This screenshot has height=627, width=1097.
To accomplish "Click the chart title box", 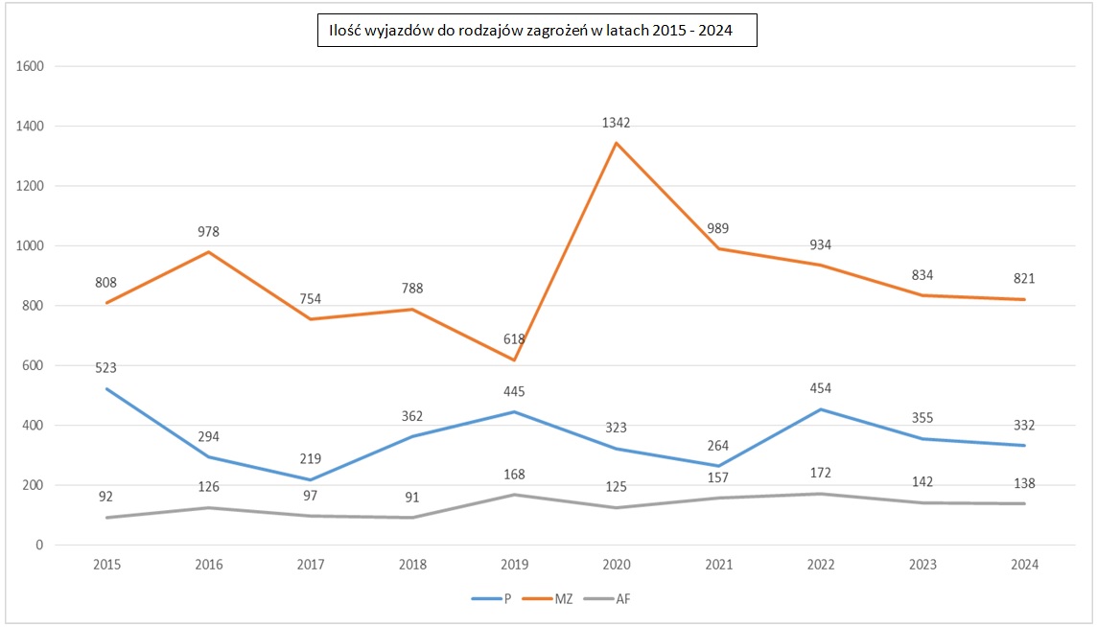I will [537, 32].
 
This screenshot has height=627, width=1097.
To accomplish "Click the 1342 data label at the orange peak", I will [617, 123].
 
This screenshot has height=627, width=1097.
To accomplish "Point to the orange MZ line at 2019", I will [515, 360].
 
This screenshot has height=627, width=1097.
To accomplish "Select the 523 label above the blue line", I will [105, 367].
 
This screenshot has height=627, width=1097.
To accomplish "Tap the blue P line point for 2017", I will [311, 479].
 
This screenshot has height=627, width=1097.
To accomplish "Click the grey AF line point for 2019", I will [515, 495].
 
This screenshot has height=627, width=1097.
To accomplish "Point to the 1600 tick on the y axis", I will [34, 66].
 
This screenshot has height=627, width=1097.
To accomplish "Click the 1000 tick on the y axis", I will [34, 245].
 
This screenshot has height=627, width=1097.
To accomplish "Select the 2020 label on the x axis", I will [617, 565].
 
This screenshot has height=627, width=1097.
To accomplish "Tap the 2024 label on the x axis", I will [1025, 565].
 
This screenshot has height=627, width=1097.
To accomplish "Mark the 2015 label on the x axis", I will [106, 565].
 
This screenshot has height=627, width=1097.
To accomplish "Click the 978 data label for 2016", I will [208, 231].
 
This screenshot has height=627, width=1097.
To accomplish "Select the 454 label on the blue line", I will [821, 388].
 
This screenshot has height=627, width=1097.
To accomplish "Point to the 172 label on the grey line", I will [821, 473].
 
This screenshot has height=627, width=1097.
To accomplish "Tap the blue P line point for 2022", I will [821, 409].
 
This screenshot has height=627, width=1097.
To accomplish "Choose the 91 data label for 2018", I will [412, 498].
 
